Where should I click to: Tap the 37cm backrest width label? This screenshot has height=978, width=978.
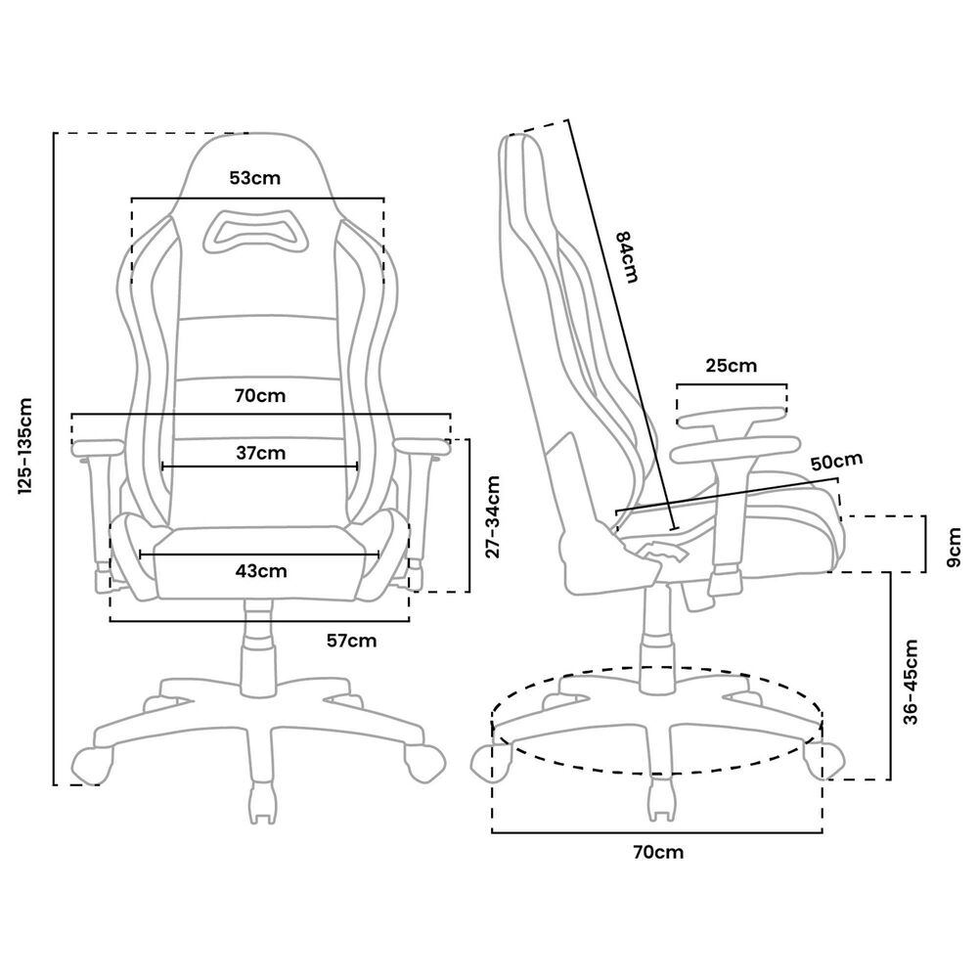(x=261, y=453)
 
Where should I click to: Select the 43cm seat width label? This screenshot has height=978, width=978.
(x=261, y=570)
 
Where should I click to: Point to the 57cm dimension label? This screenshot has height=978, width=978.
(x=351, y=641)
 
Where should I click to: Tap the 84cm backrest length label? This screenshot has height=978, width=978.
(x=625, y=256)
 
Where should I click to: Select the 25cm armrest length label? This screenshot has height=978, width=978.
(x=731, y=367)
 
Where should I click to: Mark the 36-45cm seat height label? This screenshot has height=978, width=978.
(x=911, y=682)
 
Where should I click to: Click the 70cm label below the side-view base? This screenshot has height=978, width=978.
(x=658, y=852)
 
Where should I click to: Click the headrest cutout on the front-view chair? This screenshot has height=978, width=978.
(x=256, y=232)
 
